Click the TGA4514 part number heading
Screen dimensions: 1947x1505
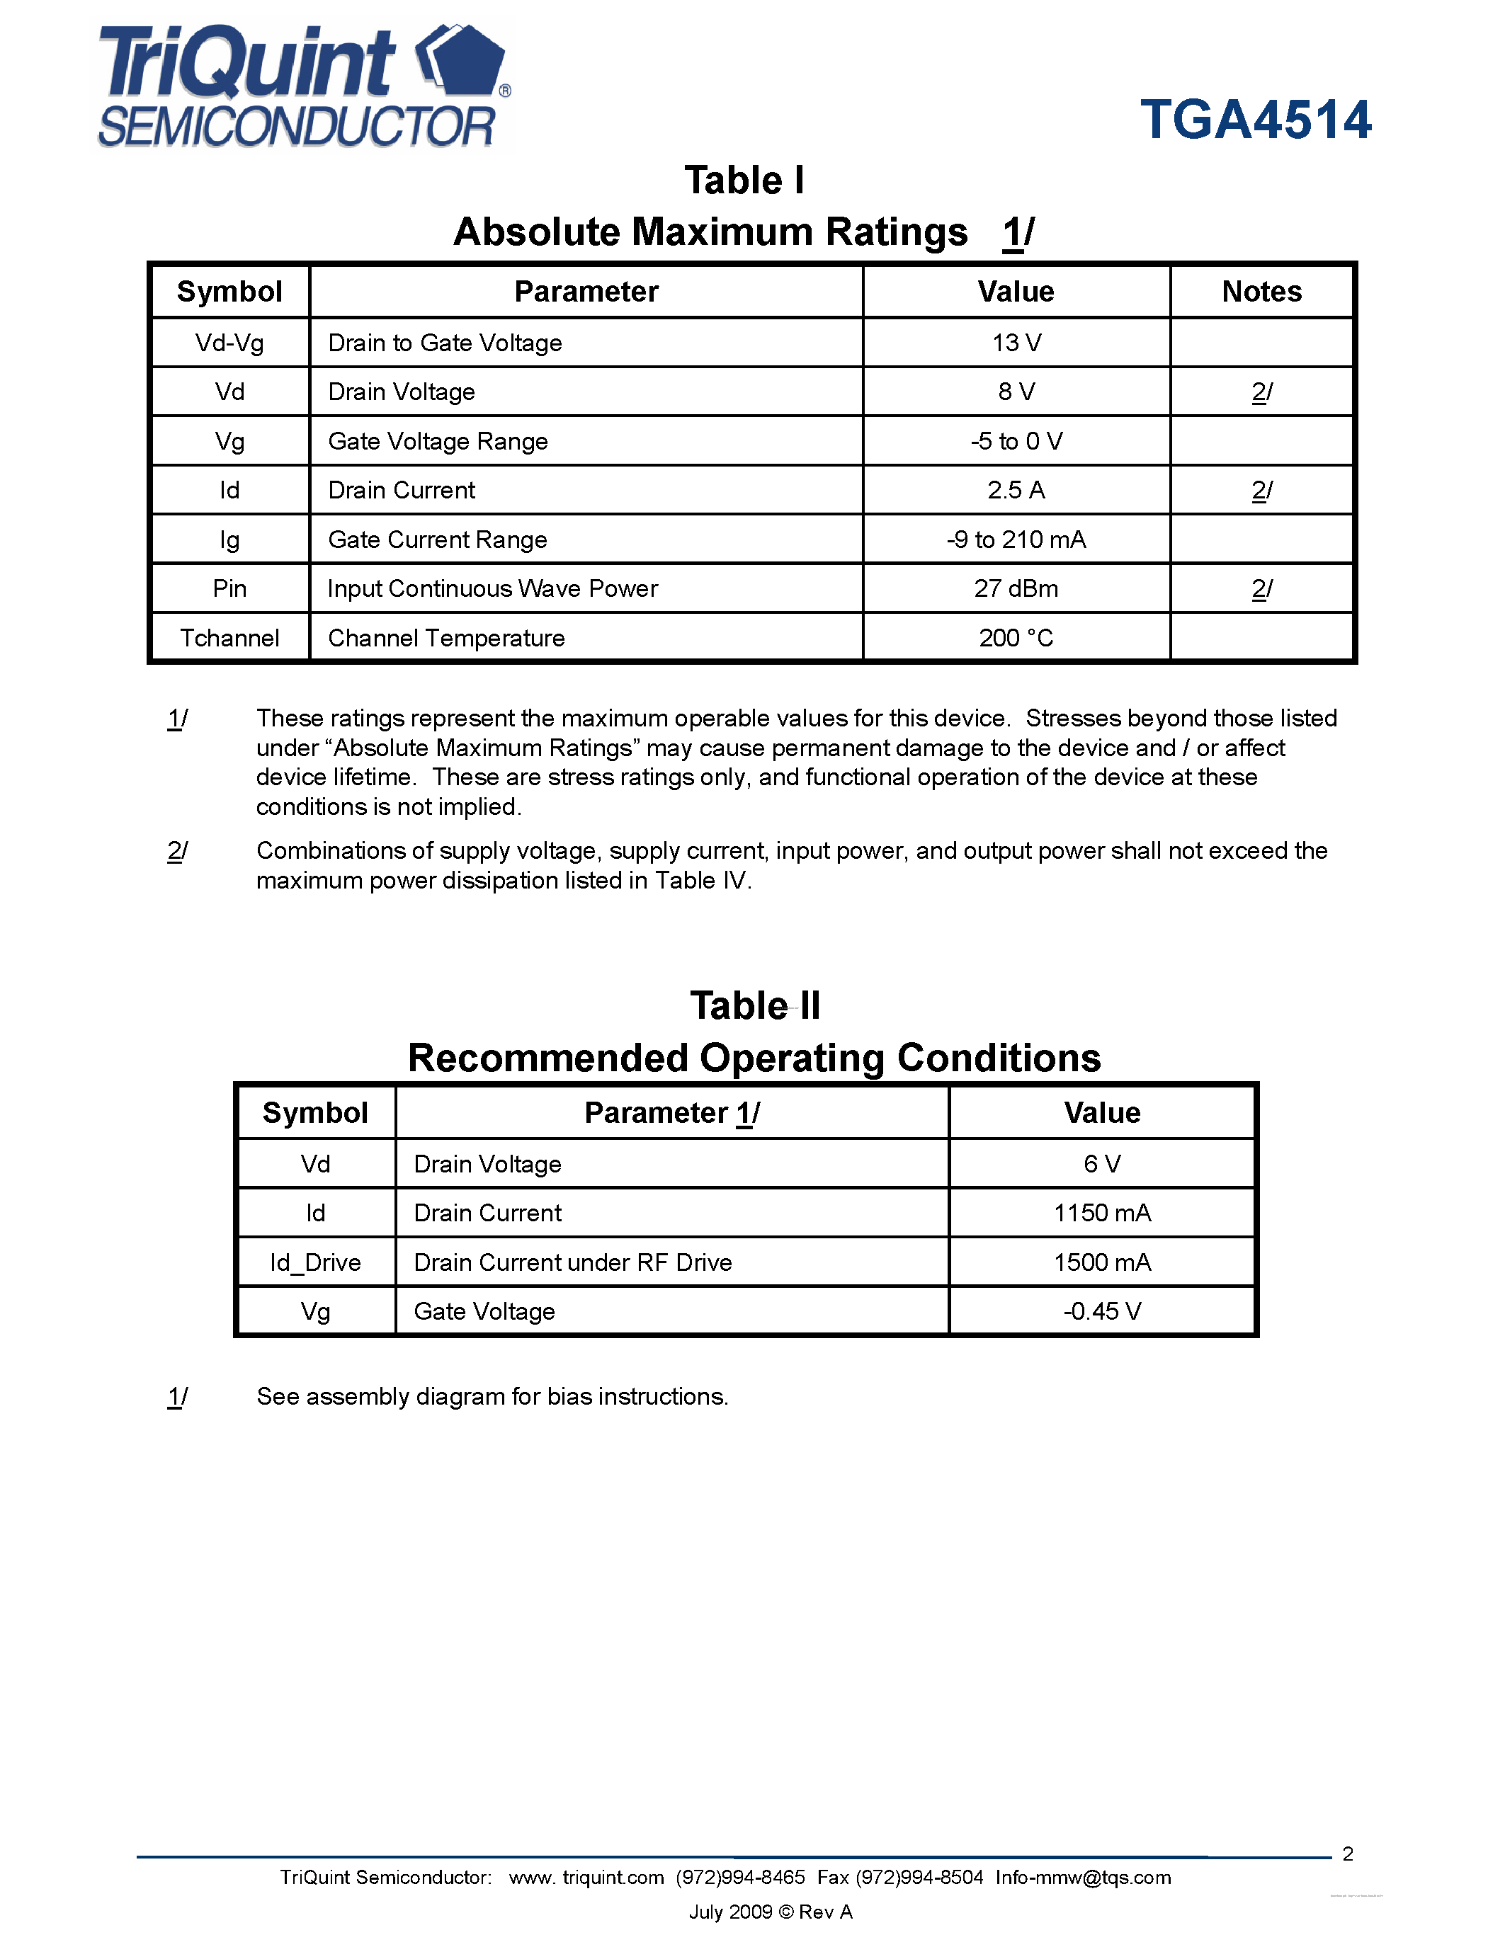click(x=1256, y=120)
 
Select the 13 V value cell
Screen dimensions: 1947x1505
click(x=1016, y=343)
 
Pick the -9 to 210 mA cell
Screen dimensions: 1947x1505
click(x=1016, y=540)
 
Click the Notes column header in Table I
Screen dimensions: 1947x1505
click(x=1261, y=292)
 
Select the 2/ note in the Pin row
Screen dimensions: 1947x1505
click(x=1261, y=589)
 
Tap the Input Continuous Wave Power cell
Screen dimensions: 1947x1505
click(x=492, y=589)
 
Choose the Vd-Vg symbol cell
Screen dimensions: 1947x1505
click(x=229, y=343)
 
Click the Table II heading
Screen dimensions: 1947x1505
click(x=754, y=1005)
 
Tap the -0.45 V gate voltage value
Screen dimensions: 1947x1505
click(x=1102, y=1311)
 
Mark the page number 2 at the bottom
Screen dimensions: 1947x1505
click(x=1347, y=1854)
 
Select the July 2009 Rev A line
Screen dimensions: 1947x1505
click(x=771, y=1912)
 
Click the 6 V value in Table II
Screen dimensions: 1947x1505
click(x=1102, y=1164)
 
